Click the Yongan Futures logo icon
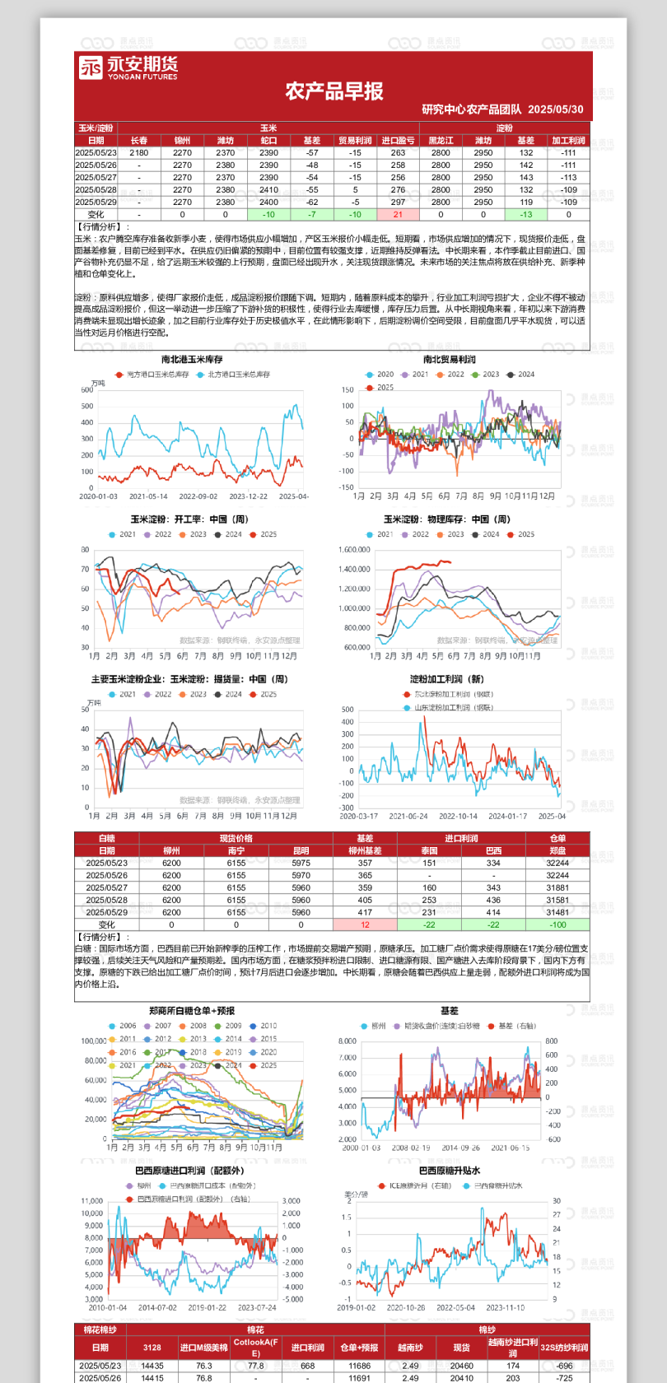(91, 68)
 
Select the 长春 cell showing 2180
(139, 152)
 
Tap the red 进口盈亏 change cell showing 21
(398, 214)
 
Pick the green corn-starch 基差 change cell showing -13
(526, 214)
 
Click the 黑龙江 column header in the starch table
(441, 141)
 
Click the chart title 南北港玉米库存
(192, 360)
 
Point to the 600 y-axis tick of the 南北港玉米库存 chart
(87, 390)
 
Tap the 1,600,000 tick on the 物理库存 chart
(354, 550)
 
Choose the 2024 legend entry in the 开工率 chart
(229, 534)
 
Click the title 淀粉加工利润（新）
(447, 679)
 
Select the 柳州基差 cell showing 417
(365, 912)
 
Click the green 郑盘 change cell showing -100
(557, 924)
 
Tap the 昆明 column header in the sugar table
(301, 850)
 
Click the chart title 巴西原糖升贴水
(450, 1171)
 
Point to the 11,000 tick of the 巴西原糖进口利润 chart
(92, 1201)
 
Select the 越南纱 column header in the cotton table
(410, 1348)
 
